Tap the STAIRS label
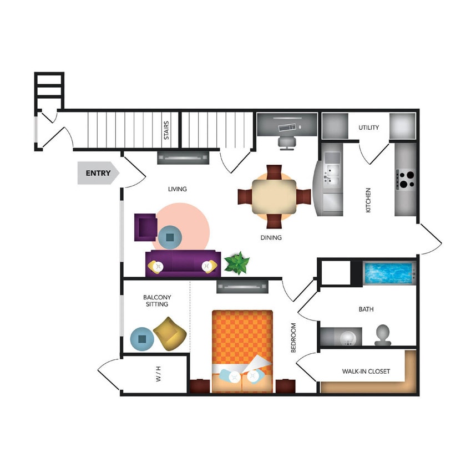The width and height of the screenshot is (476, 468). click(x=166, y=131)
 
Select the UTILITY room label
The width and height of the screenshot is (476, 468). click(x=368, y=128)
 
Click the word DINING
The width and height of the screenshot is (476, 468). click(x=271, y=238)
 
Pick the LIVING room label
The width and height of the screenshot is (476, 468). click(x=178, y=189)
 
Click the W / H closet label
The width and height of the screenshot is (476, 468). click(x=159, y=378)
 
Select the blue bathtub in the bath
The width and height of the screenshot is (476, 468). click(x=388, y=273)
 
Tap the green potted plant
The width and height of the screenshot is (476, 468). click(x=237, y=263)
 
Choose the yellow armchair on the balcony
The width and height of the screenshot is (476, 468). click(x=170, y=333)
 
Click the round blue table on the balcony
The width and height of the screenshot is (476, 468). click(x=142, y=338)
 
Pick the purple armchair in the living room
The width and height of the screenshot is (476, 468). click(x=145, y=227)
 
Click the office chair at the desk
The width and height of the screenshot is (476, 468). click(x=286, y=142)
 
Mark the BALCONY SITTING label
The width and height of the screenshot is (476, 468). click(x=155, y=301)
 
